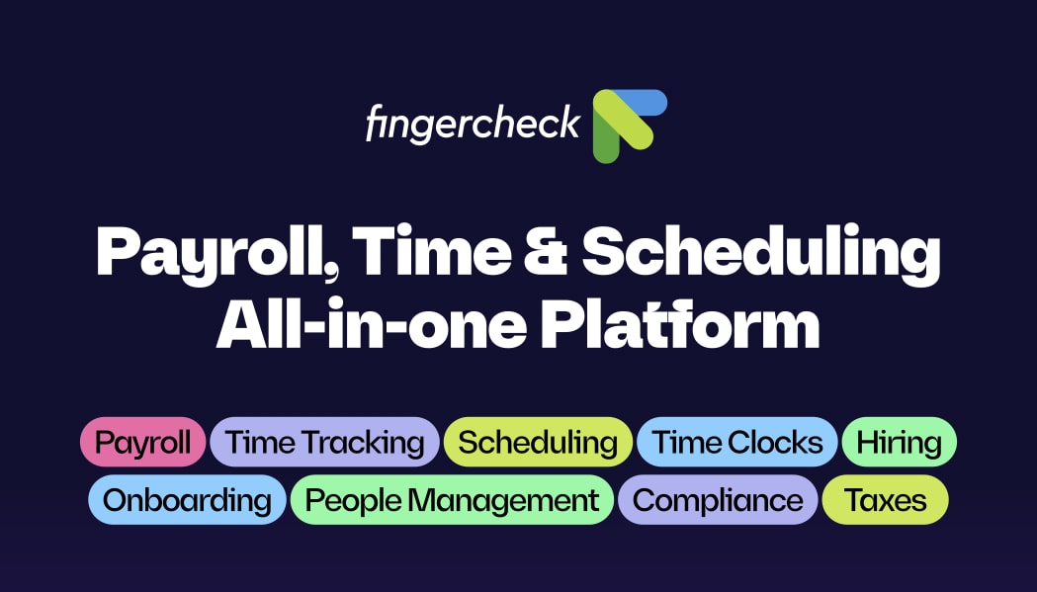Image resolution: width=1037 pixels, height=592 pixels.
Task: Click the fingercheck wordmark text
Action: pos(473,122)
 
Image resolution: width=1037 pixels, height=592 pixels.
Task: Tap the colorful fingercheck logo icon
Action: pos(629,126)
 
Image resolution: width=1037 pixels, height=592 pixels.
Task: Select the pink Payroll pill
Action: pos(143,442)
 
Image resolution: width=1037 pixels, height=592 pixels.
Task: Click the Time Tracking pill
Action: pos(324,442)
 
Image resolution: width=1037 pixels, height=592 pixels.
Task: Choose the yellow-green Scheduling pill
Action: pos(538,442)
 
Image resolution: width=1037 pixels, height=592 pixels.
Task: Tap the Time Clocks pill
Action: pos(737,442)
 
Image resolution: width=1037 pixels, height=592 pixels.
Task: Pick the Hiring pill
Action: pos(900,442)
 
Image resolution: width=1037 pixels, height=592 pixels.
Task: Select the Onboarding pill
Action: pos(187,500)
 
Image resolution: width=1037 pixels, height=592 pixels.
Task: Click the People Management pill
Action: pos(453,500)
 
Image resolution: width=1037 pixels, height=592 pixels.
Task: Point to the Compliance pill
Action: pos(719,500)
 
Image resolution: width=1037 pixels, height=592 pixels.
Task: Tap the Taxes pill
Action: pos(886,500)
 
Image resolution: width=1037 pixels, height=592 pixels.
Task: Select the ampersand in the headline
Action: pos(546,251)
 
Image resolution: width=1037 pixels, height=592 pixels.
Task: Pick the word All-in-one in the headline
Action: pos(372,324)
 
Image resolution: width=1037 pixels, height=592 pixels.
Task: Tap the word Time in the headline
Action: pos(432,251)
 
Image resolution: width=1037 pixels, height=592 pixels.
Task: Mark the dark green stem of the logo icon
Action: pos(605,140)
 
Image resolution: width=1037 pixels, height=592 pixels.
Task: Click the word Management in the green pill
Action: pos(503,501)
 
